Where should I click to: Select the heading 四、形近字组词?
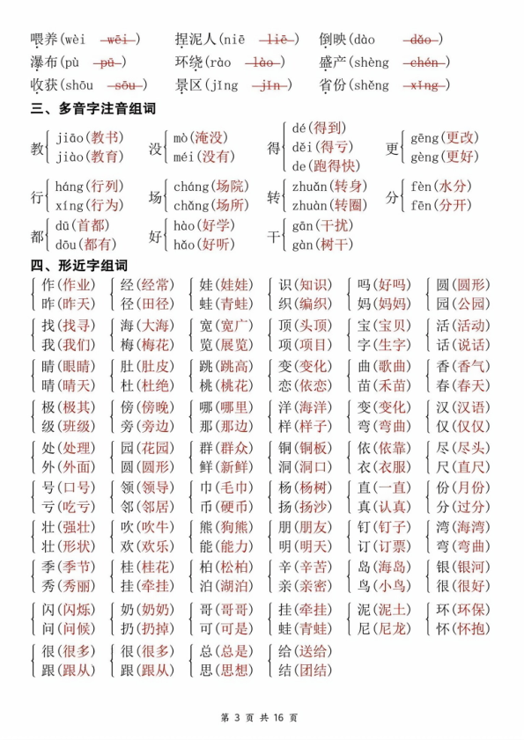click(78, 265)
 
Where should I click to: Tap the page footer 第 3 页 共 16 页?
click(262, 717)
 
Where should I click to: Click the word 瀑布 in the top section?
click(44, 62)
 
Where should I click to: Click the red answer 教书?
click(107, 138)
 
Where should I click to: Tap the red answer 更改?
click(461, 138)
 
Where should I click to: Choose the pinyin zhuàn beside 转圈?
click(309, 205)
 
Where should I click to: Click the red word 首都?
click(94, 225)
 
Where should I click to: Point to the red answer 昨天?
click(77, 304)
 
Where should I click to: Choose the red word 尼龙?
click(392, 629)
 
